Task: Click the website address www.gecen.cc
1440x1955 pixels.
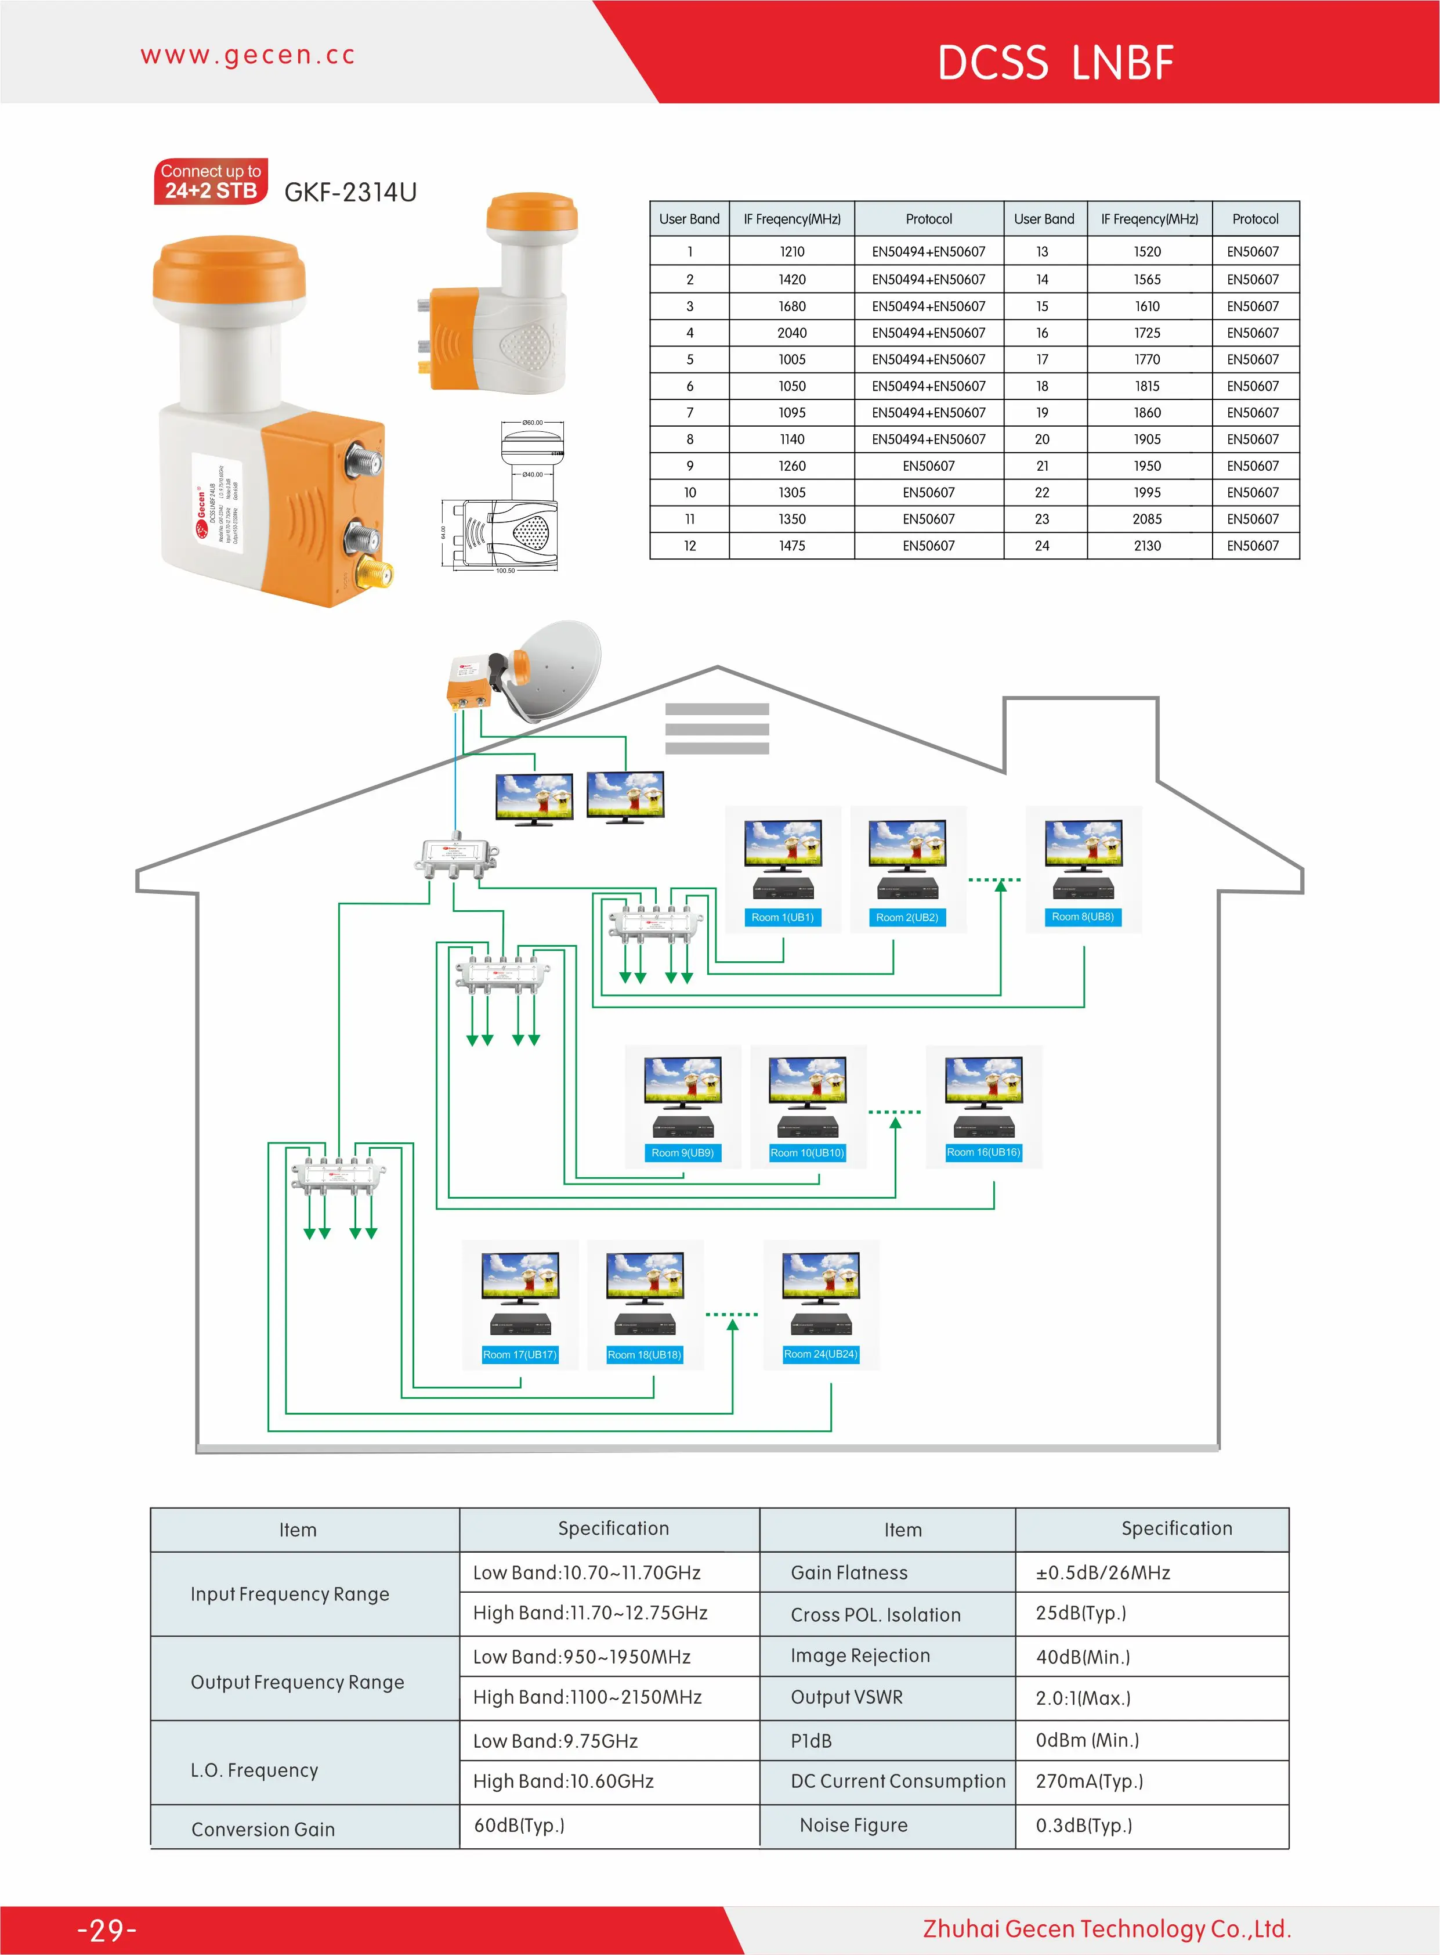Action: pos(248,55)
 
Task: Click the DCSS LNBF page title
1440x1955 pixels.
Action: pos(1055,63)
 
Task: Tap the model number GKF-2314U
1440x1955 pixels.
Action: pos(350,192)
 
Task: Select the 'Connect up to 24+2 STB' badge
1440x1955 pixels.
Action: pos(211,181)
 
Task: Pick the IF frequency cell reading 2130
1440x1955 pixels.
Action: pos(1147,546)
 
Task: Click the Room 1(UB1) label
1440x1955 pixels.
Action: pos(782,917)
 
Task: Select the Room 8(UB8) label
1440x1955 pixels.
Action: pos(1083,917)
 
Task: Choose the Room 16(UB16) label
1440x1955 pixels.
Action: pos(983,1152)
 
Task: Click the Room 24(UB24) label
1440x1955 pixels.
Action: pos(820,1354)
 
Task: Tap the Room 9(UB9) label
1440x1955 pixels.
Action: pos(682,1153)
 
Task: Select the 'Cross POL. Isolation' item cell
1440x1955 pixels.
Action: pos(875,1615)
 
